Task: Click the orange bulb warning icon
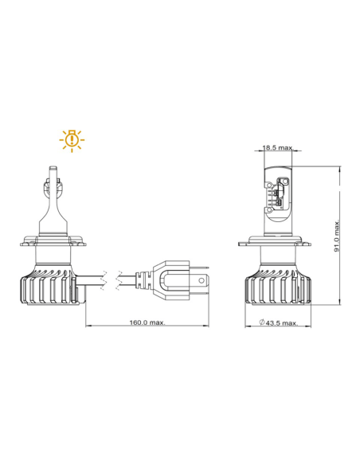click(x=72, y=139)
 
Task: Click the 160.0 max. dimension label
click(x=148, y=322)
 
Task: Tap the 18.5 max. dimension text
click(x=274, y=147)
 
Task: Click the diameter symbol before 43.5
click(x=262, y=323)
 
